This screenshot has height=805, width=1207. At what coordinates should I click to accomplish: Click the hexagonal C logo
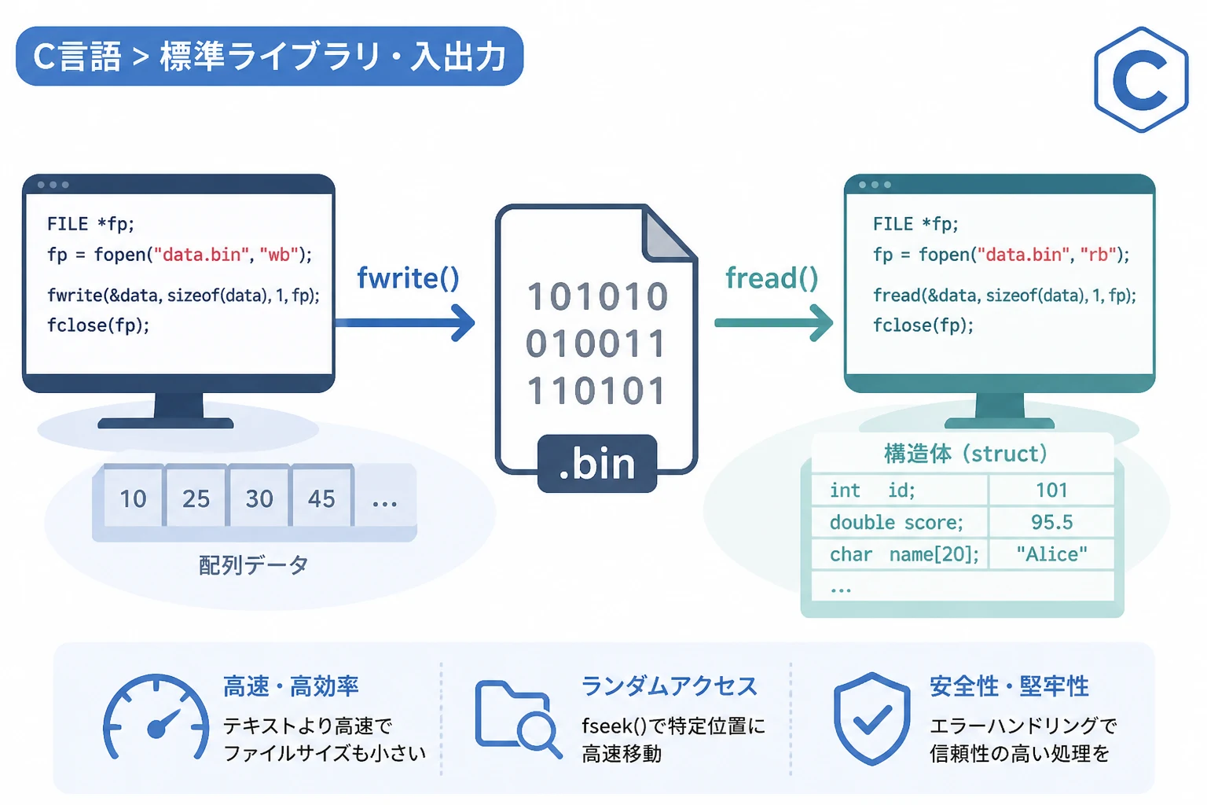tap(1141, 79)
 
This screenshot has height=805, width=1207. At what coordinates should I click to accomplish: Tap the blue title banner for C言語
tap(270, 56)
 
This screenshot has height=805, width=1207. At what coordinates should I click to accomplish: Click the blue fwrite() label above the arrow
tap(408, 278)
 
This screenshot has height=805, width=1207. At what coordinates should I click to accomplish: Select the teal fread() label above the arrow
tap(772, 278)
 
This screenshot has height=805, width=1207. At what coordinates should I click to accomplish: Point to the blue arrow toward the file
tap(405, 323)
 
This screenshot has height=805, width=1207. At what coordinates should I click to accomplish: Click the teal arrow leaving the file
tap(774, 323)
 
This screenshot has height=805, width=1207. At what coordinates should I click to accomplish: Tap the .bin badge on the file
tap(597, 463)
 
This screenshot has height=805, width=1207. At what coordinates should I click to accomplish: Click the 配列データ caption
tap(253, 565)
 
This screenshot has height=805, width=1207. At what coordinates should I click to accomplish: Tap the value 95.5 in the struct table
tap(1052, 522)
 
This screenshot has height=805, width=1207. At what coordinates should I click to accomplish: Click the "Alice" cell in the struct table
tap(1052, 553)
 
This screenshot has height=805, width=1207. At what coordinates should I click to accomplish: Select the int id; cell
tap(900, 490)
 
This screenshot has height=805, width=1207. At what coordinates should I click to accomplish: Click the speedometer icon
tap(156, 718)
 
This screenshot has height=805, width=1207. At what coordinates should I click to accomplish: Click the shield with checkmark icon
tap(871, 719)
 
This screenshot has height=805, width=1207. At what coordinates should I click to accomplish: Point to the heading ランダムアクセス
tap(670, 686)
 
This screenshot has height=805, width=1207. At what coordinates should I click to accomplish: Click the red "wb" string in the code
tap(279, 255)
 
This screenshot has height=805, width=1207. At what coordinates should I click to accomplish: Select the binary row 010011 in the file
tap(596, 344)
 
